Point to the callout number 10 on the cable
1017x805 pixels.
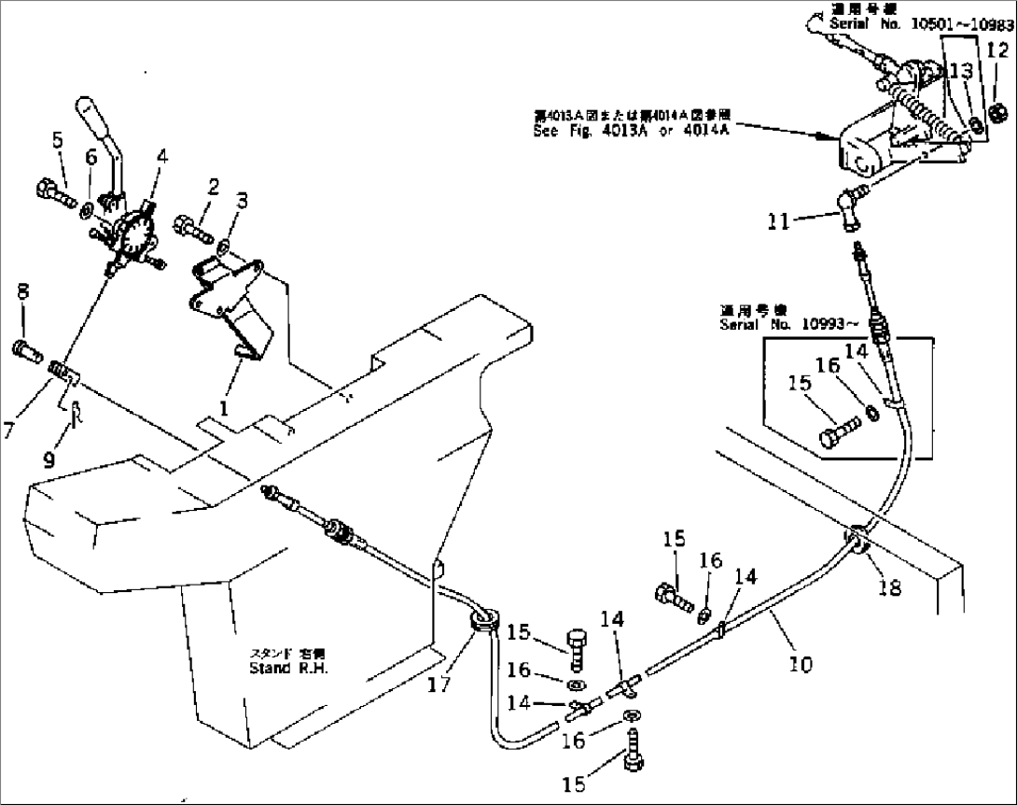pos(800,664)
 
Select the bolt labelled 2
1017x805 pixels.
pos(191,224)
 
